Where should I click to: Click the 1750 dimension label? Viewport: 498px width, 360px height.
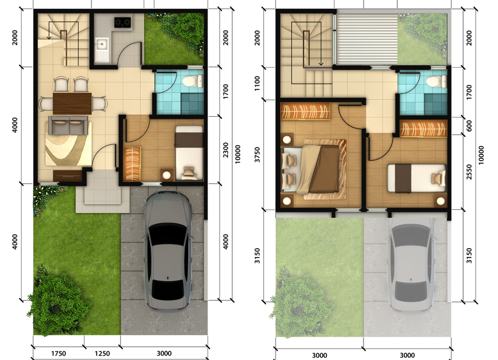point(59,353)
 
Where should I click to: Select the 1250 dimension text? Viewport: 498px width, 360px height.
point(102,353)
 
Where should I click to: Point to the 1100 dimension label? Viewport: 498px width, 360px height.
point(257,83)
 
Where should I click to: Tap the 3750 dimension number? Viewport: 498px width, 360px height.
point(257,155)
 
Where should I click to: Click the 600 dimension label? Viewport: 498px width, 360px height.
point(469,126)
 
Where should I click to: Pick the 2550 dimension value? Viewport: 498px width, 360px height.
point(469,172)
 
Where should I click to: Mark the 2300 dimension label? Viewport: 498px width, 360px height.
point(226,150)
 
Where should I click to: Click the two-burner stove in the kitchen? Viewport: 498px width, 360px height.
point(123,22)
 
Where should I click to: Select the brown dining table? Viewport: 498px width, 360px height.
point(72,104)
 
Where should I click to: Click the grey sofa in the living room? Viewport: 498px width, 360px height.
point(68,125)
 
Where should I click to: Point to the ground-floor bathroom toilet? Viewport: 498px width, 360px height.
point(193,81)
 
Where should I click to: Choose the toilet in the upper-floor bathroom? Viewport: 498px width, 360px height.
point(437,81)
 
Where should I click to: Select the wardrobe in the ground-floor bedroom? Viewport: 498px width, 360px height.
point(132,164)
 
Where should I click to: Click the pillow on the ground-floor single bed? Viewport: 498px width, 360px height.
point(189,172)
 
